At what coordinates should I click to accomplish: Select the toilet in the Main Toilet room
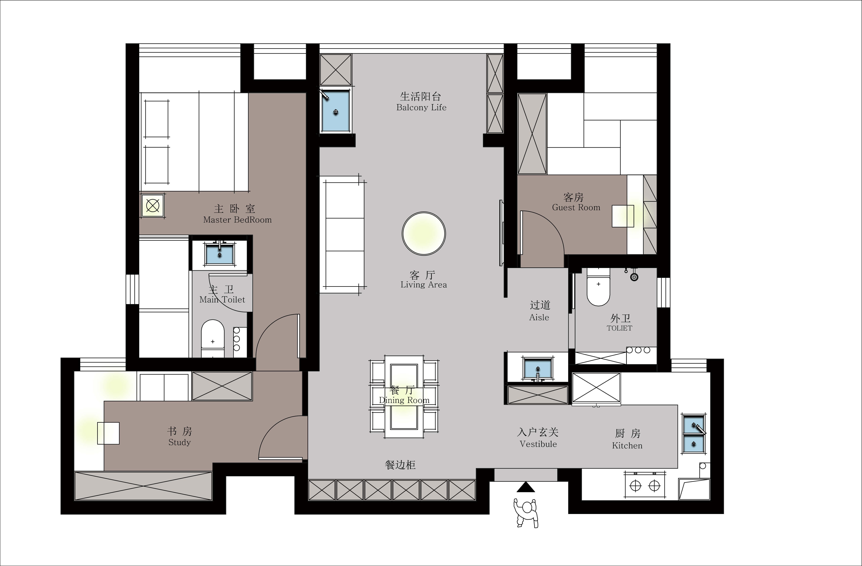click(x=213, y=338)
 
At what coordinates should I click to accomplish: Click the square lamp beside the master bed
click(x=152, y=206)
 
